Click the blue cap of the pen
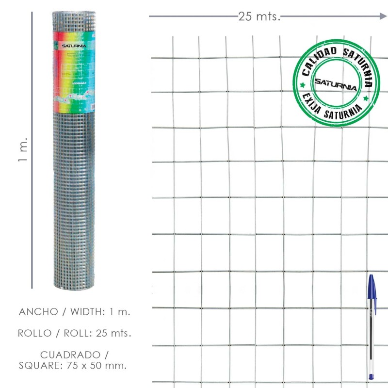pyautogui.click(x=371, y=289)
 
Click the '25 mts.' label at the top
pyautogui.click(x=259, y=16)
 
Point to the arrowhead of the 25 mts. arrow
pyautogui.click(x=383, y=16)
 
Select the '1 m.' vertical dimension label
pyautogui.click(x=23, y=150)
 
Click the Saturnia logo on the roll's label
pyautogui.click(x=73, y=46)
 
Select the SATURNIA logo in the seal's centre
pyautogui.click(x=336, y=83)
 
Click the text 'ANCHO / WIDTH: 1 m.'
pyautogui.click(x=75, y=312)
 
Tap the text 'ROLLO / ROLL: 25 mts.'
pyautogui.click(x=75, y=333)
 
